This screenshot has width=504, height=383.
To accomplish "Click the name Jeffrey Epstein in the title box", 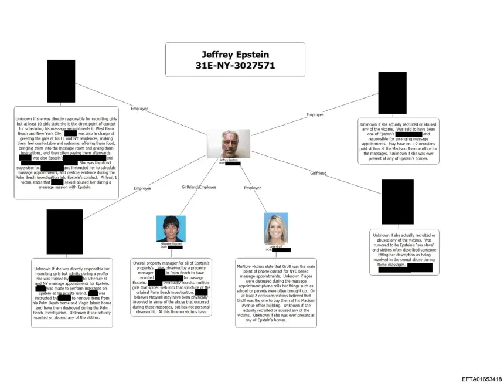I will [x=234, y=54].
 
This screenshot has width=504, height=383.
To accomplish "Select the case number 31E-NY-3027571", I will [x=234, y=66].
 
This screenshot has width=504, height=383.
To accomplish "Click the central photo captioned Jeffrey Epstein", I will [x=228, y=144].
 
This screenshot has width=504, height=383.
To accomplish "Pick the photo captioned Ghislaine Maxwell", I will [x=171, y=228].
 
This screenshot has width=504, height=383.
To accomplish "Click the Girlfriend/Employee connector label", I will [x=199, y=187].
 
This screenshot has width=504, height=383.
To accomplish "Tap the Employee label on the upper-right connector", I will [x=315, y=114].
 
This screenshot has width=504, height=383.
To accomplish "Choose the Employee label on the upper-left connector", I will [x=139, y=109].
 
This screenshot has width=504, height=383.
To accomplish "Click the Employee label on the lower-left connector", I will [x=142, y=188].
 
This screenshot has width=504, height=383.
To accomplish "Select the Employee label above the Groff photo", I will [x=253, y=188].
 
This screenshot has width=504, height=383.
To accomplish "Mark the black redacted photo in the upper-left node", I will [x=61, y=81].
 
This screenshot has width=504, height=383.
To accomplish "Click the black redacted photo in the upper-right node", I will [x=392, y=93].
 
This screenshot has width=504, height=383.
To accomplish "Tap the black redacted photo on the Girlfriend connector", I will [x=397, y=202].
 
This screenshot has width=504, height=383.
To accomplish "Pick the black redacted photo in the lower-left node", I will [x=64, y=231].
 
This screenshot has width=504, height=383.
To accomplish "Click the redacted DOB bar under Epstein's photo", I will [x=233, y=163].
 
